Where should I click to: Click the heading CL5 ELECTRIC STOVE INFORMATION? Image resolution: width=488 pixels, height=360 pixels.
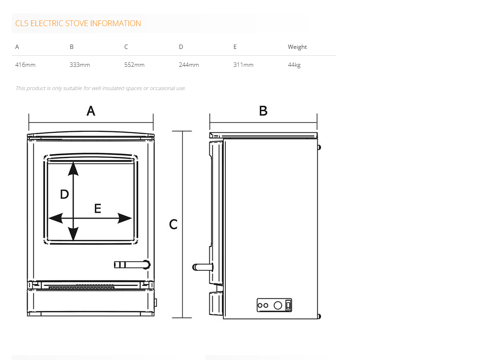tap(78, 23)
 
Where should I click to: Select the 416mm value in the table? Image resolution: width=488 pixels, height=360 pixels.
tap(25, 65)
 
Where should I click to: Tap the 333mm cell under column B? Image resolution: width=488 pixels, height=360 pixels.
tap(79, 65)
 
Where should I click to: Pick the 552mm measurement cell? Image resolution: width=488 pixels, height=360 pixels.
tap(134, 65)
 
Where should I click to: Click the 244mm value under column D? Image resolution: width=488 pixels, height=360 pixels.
tap(189, 65)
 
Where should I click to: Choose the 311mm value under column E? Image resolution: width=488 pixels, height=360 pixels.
tap(243, 65)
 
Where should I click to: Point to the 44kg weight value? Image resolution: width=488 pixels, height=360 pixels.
tap(294, 65)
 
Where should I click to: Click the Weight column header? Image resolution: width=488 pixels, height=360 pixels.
tap(297, 47)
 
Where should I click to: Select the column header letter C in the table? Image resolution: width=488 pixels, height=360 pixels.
tap(126, 47)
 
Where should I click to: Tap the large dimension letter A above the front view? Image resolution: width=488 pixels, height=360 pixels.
tap(91, 111)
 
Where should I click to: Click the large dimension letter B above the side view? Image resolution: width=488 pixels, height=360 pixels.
tap(263, 111)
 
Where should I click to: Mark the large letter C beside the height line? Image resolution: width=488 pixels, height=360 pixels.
tap(173, 224)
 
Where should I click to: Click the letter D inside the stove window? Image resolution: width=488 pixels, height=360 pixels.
tap(64, 194)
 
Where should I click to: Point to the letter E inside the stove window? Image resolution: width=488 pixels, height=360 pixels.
tap(97, 209)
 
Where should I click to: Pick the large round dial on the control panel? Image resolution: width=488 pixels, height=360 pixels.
tap(278, 305)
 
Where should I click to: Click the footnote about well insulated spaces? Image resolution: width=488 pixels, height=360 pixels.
tap(100, 88)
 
